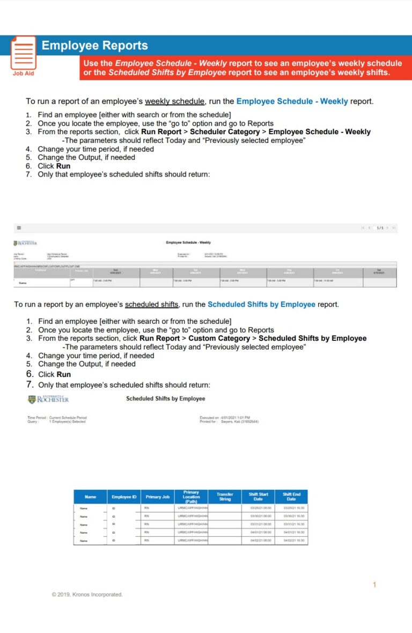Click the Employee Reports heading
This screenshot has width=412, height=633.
94,46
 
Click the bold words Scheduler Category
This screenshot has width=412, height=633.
225,132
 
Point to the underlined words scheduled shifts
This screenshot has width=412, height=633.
151,304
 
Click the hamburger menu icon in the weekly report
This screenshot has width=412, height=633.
19,228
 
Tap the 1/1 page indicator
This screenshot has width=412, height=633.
380,228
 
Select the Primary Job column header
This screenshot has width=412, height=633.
158,497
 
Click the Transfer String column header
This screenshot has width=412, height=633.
225,497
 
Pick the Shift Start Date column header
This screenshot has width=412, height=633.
258,497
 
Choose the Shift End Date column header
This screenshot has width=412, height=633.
291,497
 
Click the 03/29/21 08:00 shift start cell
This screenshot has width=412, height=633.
258,508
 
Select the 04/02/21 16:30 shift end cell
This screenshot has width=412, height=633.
292,540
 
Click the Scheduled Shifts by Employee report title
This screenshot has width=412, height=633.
165,398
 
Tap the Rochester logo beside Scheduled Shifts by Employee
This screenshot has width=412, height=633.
48,399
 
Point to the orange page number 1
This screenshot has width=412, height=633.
374,585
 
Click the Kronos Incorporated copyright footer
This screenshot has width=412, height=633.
87,594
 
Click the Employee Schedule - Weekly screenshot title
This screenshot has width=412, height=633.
188,243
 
